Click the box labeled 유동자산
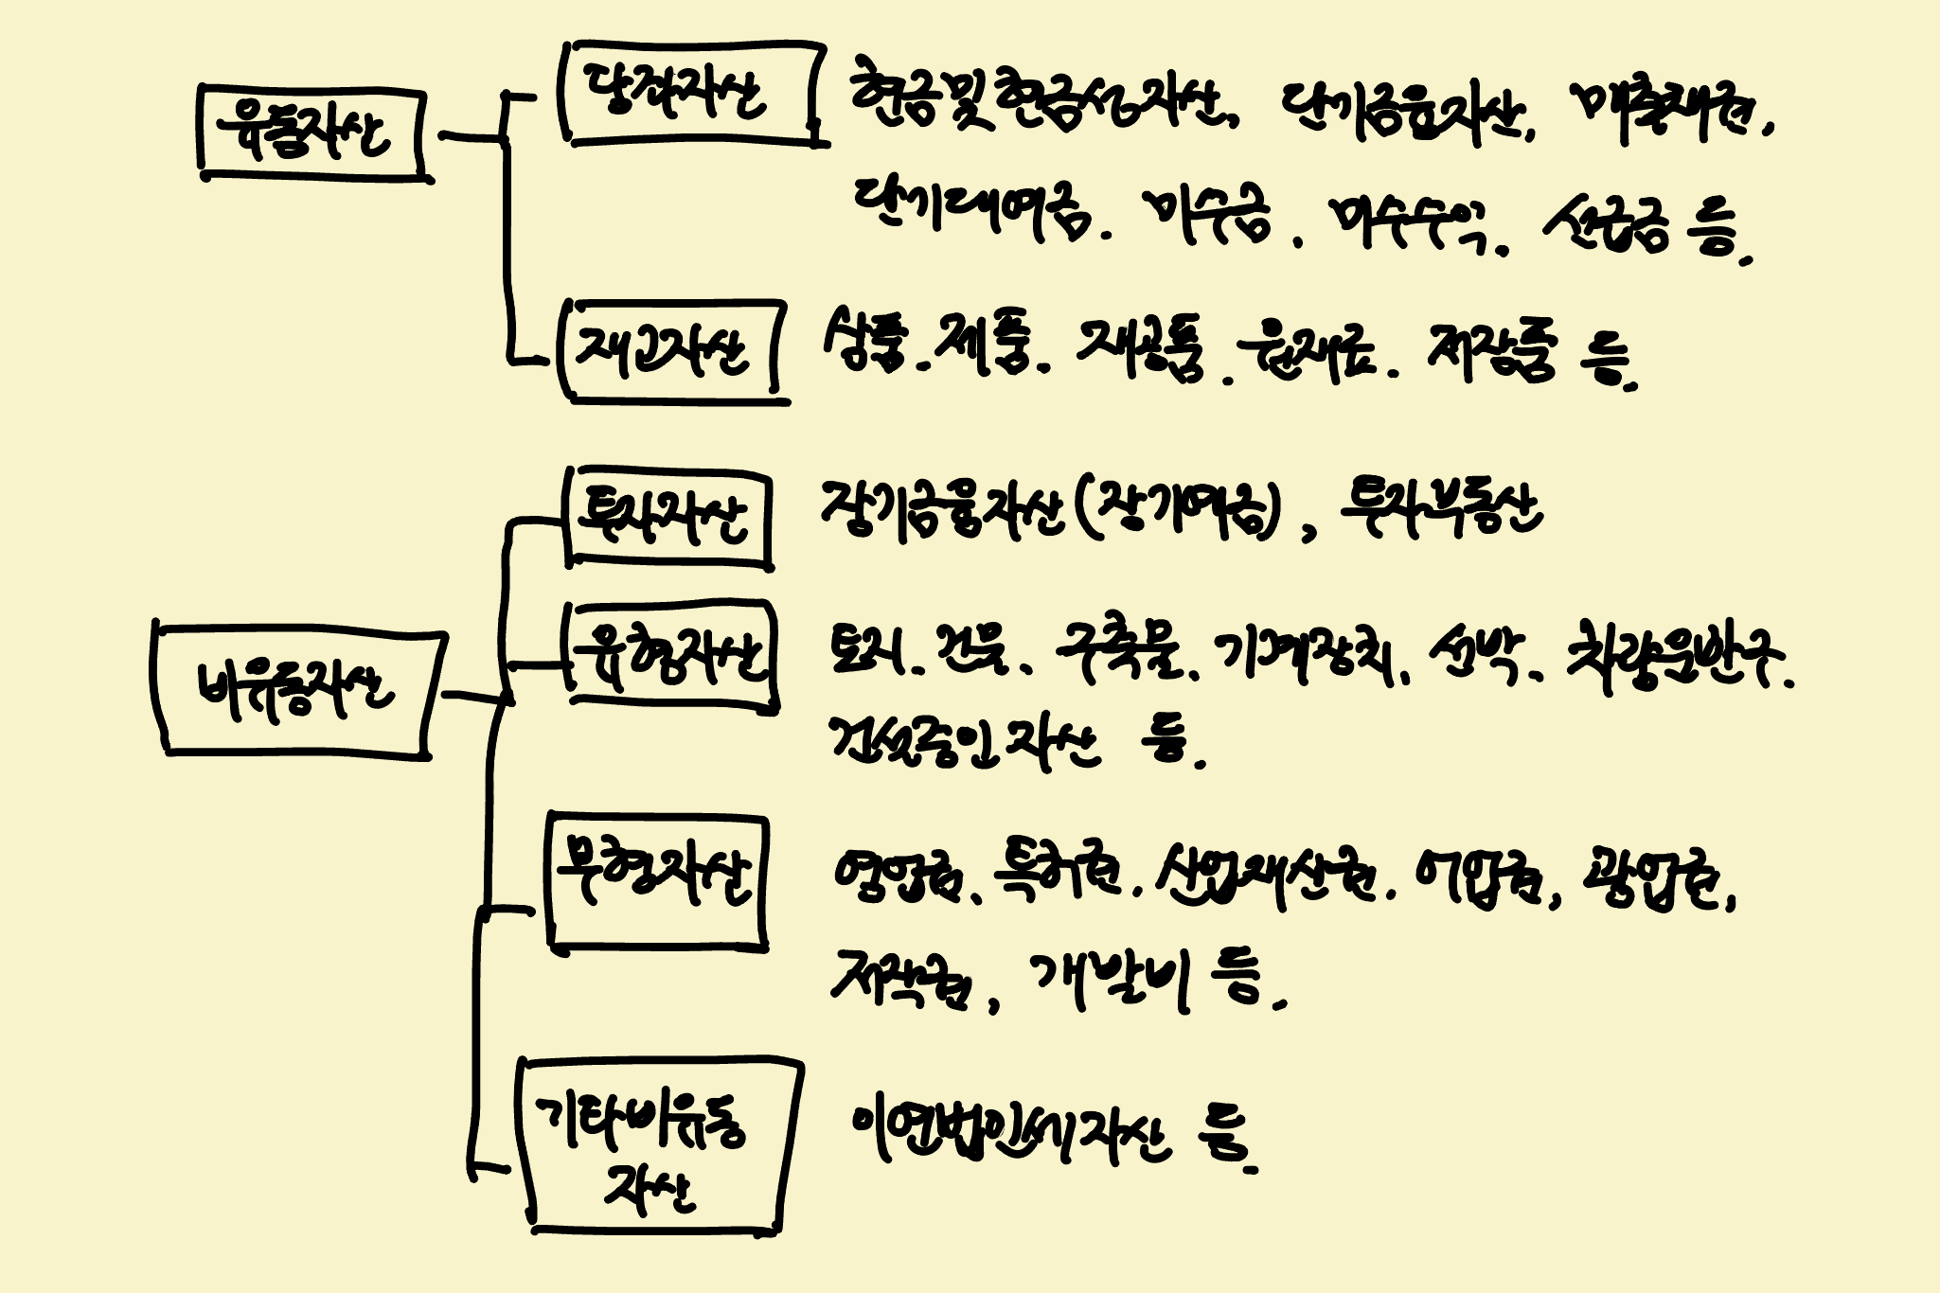coord(311,133)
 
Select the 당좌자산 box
coord(691,94)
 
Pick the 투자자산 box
coord(668,518)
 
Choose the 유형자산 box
coord(672,654)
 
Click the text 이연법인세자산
coord(1009,1132)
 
